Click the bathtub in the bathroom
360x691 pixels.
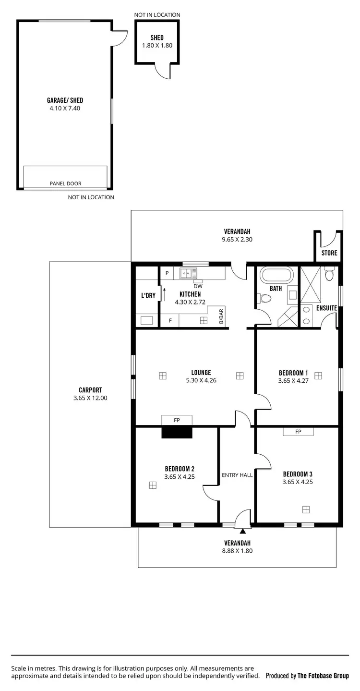(276, 276)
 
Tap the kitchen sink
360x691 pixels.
(188, 273)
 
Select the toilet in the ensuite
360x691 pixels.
(329, 274)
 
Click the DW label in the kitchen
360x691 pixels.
(198, 286)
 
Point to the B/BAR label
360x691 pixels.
(221, 317)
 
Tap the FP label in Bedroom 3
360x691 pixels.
(298, 432)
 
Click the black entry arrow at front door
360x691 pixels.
(243, 531)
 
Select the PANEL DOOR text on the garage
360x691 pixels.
(65, 183)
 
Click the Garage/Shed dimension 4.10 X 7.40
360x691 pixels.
(65, 108)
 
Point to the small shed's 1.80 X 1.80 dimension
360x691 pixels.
(157, 46)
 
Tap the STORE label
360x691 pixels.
(329, 253)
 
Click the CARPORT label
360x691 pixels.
(90, 390)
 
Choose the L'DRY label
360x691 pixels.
(148, 295)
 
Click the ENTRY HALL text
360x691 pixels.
(237, 475)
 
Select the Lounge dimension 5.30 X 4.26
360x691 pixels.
(201, 380)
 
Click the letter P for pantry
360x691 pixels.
(167, 273)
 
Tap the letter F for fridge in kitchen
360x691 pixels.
(170, 320)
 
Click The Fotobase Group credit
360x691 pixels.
(323, 676)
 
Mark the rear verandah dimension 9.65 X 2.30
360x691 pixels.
(237, 239)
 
